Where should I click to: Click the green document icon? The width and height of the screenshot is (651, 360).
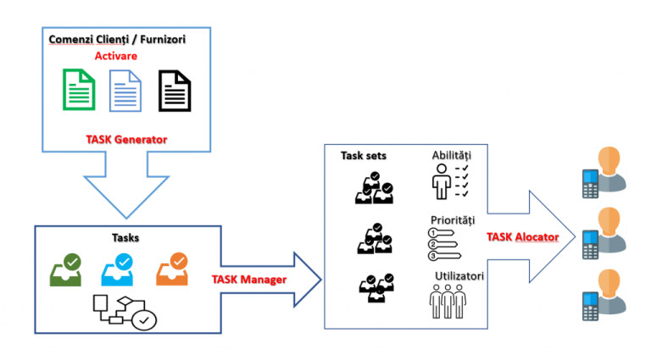click(78, 91)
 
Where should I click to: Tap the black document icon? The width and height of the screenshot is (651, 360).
click(175, 91)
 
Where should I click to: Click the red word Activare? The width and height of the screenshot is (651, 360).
click(116, 56)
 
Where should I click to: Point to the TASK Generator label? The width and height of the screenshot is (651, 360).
click(126, 138)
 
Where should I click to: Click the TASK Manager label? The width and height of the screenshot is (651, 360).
click(248, 277)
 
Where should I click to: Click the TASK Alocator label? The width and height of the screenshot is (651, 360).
click(522, 236)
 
